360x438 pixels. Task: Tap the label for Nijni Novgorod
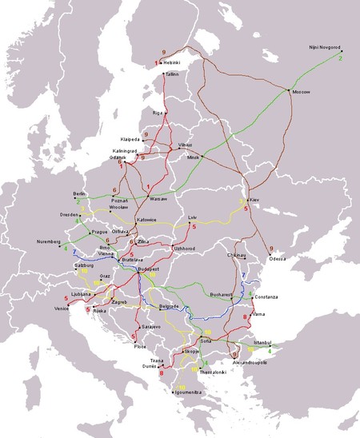pyautogui.click(x=324, y=49)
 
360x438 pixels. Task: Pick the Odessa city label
pyautogui.click(x=278, y=260)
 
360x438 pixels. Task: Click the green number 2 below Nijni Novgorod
pyautogui.click(x=342, y=58)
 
